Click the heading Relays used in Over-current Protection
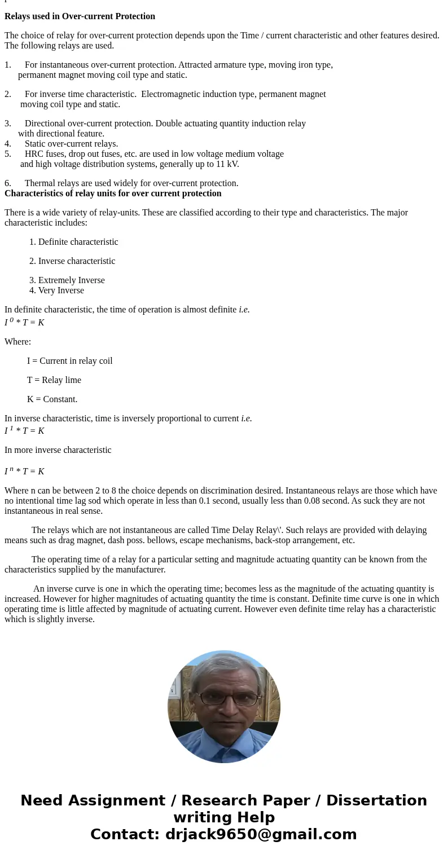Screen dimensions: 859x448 tap(80, 16)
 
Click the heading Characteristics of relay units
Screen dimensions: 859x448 tap(113, 193)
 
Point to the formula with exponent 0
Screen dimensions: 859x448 tap(24, 322)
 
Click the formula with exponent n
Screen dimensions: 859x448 tap(24, 471)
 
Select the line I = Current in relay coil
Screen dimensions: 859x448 tap(69, 361)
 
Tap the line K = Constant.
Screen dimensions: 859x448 tap(52, 399)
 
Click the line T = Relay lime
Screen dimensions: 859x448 tap(54, 380)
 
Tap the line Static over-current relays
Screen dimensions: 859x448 tap(71, 144)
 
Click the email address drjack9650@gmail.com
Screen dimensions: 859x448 tap(261, 834)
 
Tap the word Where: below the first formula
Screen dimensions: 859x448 tap(17, 342)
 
